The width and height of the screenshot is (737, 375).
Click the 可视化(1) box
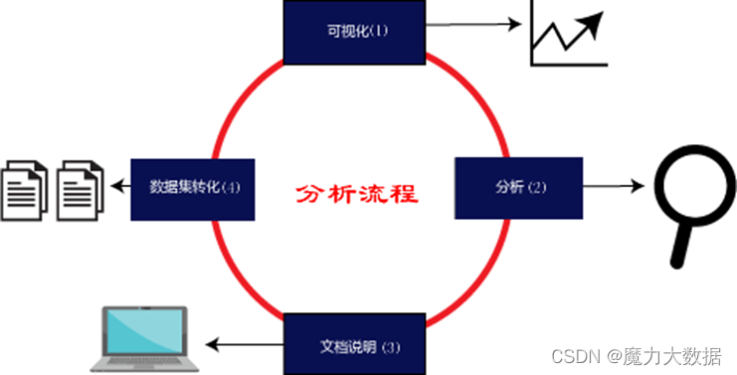(x=355, y=31)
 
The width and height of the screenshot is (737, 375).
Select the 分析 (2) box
(x=517, y=187)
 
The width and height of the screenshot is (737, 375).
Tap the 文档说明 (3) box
(x=355, y=345)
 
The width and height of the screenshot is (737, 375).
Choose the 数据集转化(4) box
(x=193, y=187)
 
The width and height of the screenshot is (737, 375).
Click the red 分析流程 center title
(x=356, y=193)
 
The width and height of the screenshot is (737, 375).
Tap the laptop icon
(x=145, y=338)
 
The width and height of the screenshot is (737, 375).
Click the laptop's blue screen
(x=146, y=331)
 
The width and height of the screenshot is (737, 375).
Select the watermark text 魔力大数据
(x=676, y=355)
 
